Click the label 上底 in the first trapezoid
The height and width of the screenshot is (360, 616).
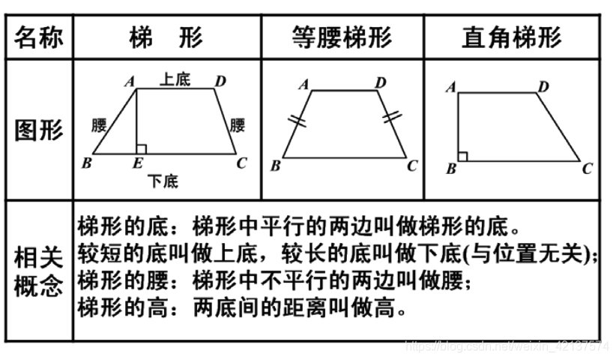(x=175, y=79)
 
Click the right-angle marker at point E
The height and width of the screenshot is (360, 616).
(x=141, y=149)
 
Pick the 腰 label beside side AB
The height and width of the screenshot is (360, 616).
(x=99, y=124)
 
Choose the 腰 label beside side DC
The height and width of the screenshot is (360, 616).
(x=238, y=124)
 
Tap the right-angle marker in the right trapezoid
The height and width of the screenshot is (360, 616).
(x=463, y=156)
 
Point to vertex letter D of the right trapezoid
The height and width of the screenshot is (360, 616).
(x=543, y=87)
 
